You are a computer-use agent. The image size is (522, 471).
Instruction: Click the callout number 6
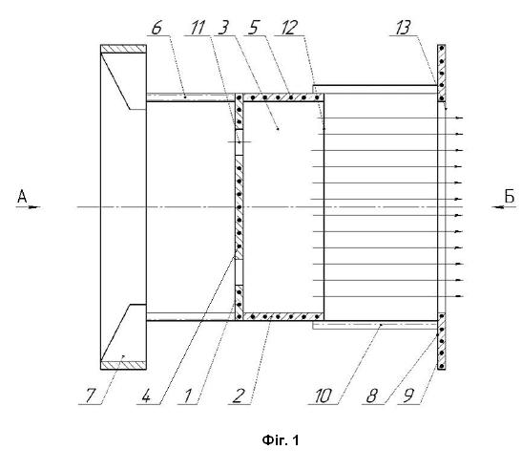[x=157, y=28]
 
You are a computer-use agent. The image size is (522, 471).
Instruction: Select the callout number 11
[x=198, y=28]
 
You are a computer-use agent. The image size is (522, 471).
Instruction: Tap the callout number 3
[x=223, y=28]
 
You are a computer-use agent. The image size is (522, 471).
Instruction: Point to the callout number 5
[x=253, y=28]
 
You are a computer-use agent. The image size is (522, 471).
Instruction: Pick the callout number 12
[x=289, y=28]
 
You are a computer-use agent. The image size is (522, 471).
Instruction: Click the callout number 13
[x=404, y=28]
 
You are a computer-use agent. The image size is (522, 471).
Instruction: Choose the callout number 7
[x=91, y=396]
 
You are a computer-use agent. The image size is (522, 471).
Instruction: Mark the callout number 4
[x=146, y=396]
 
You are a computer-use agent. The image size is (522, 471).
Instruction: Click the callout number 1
[x=188, y=396]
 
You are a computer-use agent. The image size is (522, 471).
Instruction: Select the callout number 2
[x=237, y=396]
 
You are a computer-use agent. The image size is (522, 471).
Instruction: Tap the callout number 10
[x=323, y=396]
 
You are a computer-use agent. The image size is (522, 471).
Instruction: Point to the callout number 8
[x=371, y=396]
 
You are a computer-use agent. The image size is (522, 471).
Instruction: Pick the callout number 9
[x=408, y=396]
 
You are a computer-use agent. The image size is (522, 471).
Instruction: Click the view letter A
[x=22, y=197]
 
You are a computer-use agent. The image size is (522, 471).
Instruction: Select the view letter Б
[x=510, y=196]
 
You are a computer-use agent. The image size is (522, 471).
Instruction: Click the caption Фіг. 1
[x=281, y=440]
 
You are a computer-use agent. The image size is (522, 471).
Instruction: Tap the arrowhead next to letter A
[x=34, y=207]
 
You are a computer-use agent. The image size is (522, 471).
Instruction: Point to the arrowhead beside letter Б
[x=497, y=207]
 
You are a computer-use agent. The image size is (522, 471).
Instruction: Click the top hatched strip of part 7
[x=123, y=49]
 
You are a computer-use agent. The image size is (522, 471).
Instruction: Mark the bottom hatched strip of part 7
[x=123, y=366]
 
